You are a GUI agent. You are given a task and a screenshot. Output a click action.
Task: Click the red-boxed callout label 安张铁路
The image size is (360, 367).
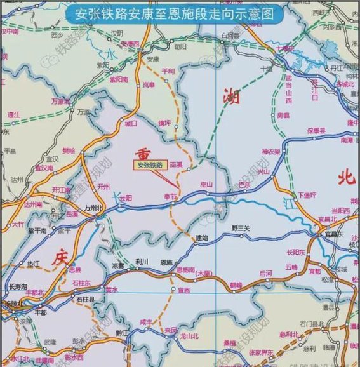click(x=150, y=164)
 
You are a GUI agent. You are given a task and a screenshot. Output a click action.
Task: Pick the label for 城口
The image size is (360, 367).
click(x=131, y=124)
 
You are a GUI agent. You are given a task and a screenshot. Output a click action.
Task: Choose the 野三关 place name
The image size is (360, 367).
click(x=241, y=227)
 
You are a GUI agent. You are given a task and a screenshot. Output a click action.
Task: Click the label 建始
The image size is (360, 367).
click(x=201, y=238)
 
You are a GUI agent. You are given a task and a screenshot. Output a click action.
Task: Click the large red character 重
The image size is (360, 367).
click(x=144, y=153)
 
